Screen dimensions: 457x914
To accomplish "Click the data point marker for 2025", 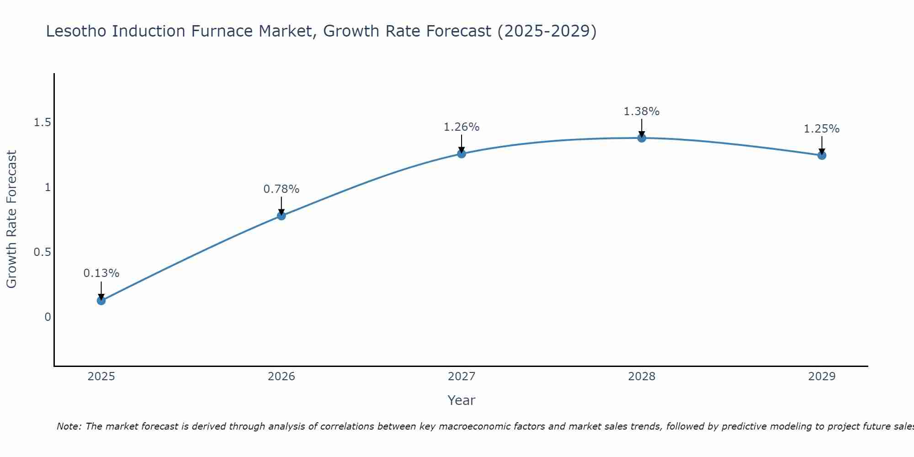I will click(x=101, y=300).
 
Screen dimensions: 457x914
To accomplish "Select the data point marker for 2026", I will click(x=282, y=216).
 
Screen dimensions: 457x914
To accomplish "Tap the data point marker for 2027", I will click(x=462, y=154).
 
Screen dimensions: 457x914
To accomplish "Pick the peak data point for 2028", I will click(x=642, y=138).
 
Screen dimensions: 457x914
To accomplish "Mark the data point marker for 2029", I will click(x=822, y=155).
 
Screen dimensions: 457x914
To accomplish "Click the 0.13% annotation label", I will click(x=101, y=273).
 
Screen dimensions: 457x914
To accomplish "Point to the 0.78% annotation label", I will click(x=282, y=189).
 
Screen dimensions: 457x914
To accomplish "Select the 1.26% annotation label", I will click(x=462, y=127).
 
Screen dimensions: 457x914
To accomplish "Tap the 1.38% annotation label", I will click(x=642, y=112).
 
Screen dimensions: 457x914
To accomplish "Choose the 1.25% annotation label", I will click(x=822, y=129).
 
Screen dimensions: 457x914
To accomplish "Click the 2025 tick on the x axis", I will click(x=101, y=377).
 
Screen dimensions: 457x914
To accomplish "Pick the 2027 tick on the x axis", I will click(x=462, y=377).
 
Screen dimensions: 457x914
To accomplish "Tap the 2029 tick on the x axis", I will click(x=822, y=377).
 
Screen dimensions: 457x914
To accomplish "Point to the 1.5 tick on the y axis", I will click(x=42, y=122).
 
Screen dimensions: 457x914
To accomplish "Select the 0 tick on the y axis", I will click(x=48, y=317).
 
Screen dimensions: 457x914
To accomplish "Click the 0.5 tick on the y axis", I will click(x=42, y=252).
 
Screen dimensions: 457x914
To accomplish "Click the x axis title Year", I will click(x=462, y=400).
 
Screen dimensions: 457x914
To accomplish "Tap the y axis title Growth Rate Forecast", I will click(x=12, y=219).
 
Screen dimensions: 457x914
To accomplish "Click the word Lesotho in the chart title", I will click(x=76, y=31).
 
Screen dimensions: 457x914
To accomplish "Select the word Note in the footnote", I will click(x=69, y=426).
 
